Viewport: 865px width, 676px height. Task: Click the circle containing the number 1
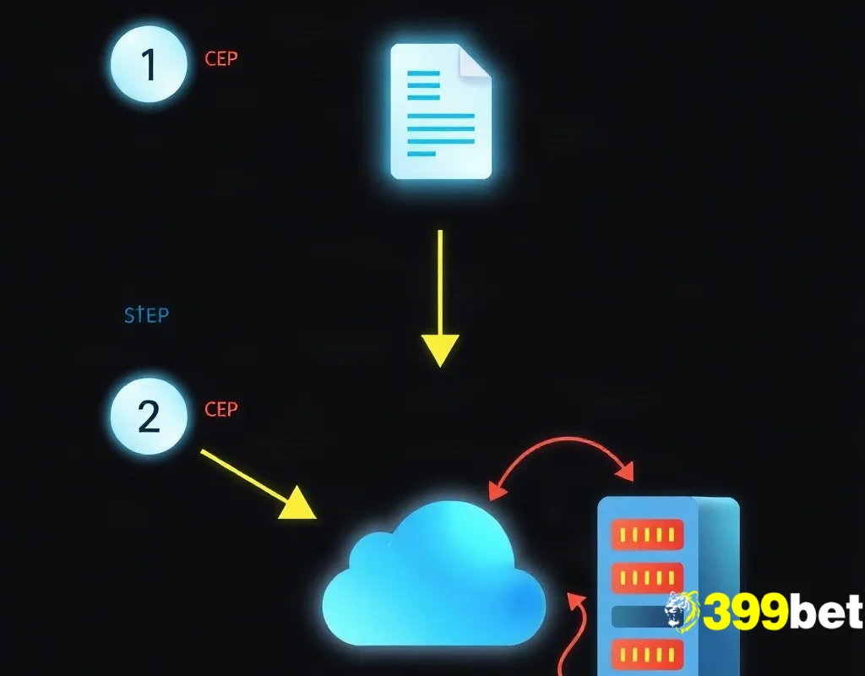(x=149, y=64)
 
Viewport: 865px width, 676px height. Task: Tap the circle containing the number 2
(x=149, y=416)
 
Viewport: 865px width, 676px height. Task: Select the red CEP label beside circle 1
(x=221, y=58)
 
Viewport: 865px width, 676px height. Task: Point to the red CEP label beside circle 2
(x=221, y=410)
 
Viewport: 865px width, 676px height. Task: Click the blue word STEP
(x=147, y=315)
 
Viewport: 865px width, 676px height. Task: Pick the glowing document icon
(x=441, y=112)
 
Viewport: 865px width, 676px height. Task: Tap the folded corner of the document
(x=475, y=62)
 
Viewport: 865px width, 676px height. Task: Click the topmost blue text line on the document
(x=424, y=73)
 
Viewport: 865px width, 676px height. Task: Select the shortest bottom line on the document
(x=422, y=154)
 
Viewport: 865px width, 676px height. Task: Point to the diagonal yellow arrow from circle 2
(x=258, y=484)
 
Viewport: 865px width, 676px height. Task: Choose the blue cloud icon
(x=434, y=574)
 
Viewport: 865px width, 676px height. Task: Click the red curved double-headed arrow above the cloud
(x=563, y=439)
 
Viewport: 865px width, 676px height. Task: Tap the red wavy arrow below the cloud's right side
(x=570, y=635)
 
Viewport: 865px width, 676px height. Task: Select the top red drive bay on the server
(x=647, y=534)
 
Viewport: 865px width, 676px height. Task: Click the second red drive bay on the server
(x=647, y=578)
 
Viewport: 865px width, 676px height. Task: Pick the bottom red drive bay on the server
(x=647, y=655)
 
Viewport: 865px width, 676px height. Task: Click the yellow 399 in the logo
(x=745, y=612)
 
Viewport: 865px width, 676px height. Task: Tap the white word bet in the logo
(x=826, y=611)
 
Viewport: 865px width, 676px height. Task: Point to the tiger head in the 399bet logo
(x=682, y=612)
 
